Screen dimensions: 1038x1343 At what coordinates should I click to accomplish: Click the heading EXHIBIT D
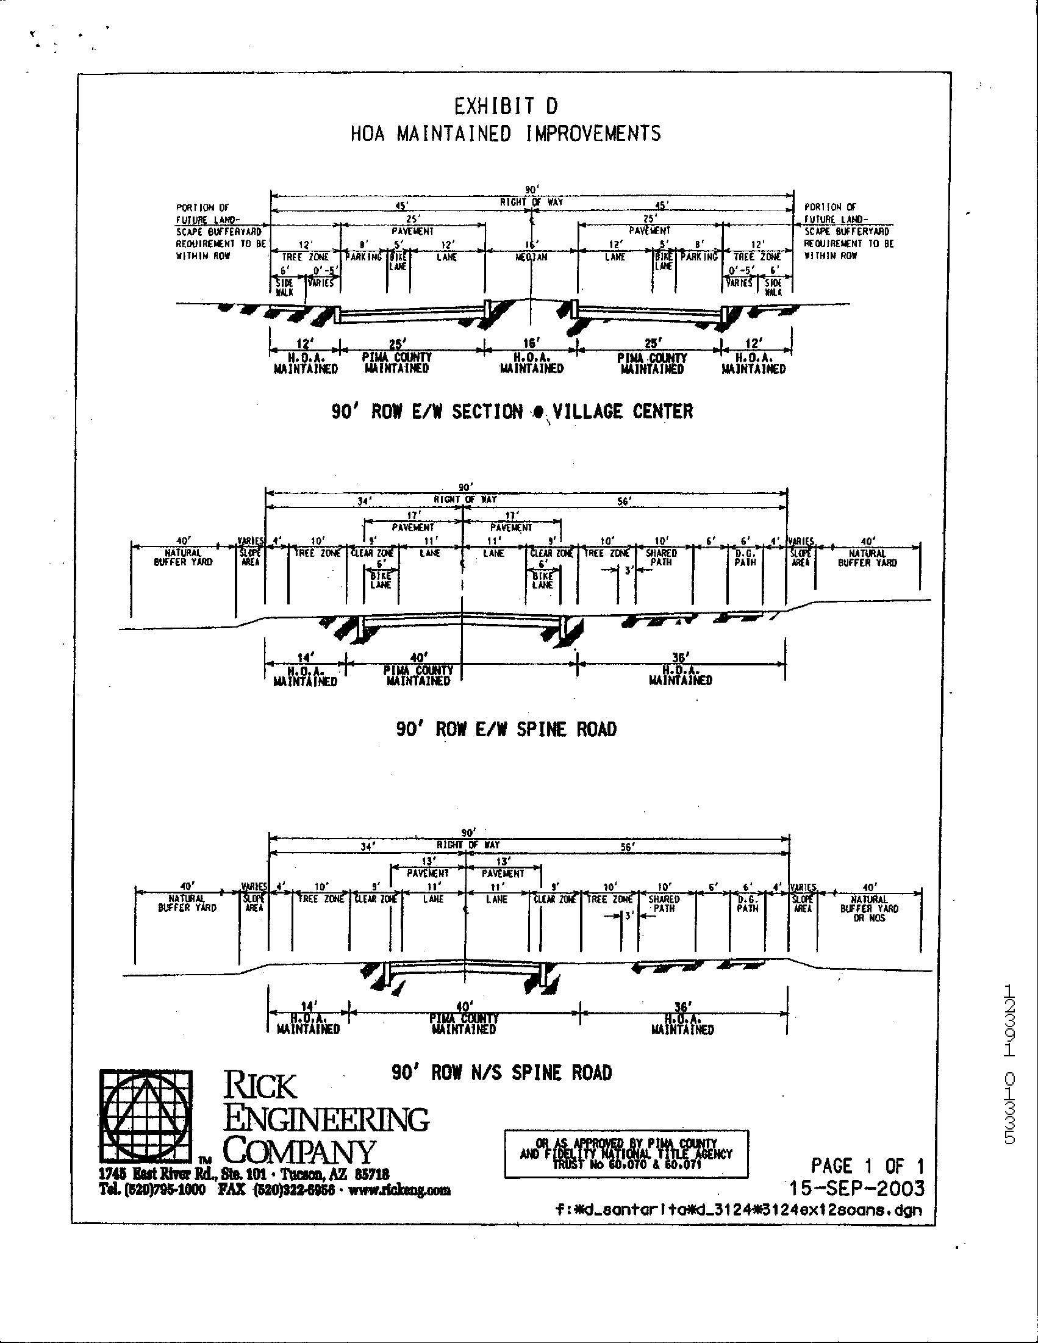(506, 106)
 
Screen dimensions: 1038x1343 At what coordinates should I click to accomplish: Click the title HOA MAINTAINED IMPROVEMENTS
(506, 134)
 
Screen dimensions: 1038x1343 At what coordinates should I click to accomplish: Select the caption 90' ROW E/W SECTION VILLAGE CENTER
(512, 412)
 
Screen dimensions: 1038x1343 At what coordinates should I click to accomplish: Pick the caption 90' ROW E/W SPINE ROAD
(506, 729)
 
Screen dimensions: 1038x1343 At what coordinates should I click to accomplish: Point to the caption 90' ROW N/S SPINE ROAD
(502, 1073)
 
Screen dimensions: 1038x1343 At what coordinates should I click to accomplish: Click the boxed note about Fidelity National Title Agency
(626, 1153)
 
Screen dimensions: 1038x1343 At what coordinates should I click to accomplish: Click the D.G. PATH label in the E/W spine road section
(745, 557)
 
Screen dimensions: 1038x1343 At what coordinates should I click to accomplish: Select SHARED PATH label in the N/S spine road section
(664, 903)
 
